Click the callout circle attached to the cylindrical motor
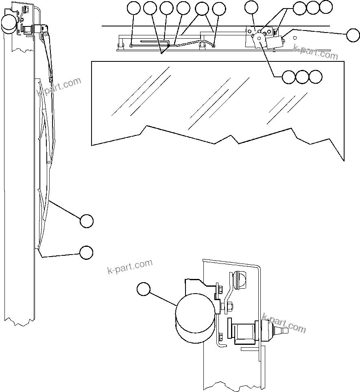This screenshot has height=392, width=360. [x=143, y=289]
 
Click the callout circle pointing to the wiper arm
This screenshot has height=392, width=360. [x=86, y=221]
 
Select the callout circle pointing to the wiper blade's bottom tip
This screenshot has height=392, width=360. [x=86, y=252]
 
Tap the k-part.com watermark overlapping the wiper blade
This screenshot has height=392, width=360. [x=59, y=87]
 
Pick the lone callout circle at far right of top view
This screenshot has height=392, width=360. [x=353, y=35]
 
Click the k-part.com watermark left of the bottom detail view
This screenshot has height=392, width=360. [x=130, y=266]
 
